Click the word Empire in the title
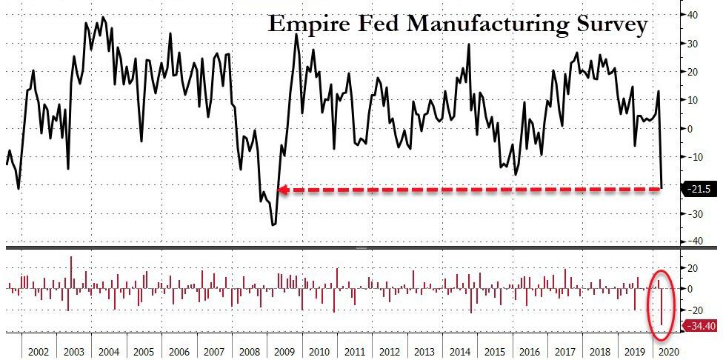(304, 24)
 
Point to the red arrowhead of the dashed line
(282, 190)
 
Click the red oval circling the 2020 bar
(662, 301)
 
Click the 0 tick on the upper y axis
(690, 128)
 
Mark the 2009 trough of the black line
(273, 224)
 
